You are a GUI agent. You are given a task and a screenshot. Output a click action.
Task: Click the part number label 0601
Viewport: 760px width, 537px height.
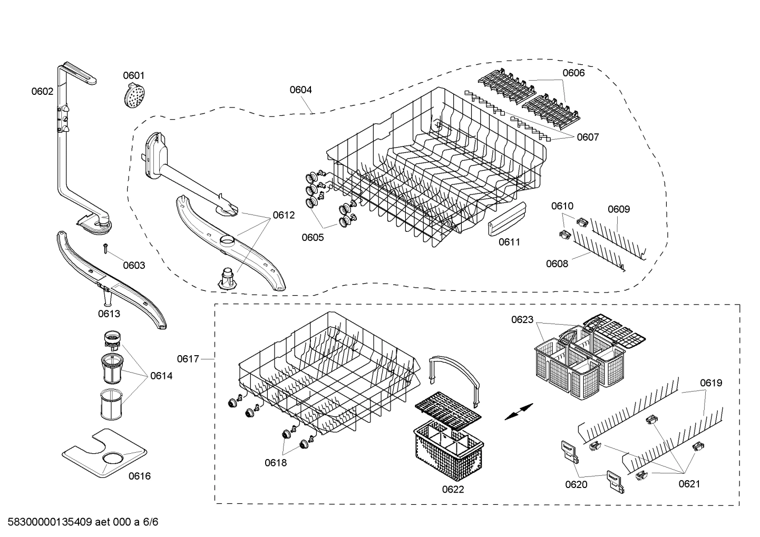[133, 75]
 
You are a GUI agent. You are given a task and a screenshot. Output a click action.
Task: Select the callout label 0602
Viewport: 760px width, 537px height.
[42, 91]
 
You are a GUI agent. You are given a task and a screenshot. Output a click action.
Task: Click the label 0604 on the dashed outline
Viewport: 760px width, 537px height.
[300, 90]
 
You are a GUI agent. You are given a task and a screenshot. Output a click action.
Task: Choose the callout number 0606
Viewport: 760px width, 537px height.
[573, 73]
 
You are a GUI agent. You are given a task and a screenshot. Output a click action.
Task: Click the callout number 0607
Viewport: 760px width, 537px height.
[588, 137]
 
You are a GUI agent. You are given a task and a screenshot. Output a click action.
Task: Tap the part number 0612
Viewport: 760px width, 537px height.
[284, 215]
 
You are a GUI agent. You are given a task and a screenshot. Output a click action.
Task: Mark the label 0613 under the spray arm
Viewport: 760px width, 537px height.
[109, 314]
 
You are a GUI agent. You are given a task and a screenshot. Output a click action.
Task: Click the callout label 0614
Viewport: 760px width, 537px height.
[161, 376]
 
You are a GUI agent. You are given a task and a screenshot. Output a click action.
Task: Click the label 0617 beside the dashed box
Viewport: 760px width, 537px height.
[188, 359]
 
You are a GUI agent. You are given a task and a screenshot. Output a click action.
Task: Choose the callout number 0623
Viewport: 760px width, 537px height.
[522, 319]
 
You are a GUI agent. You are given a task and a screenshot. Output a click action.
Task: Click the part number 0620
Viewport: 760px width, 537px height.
[576, 484]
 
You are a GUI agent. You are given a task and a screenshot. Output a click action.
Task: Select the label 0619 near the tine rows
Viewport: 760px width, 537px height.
[711, 383]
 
